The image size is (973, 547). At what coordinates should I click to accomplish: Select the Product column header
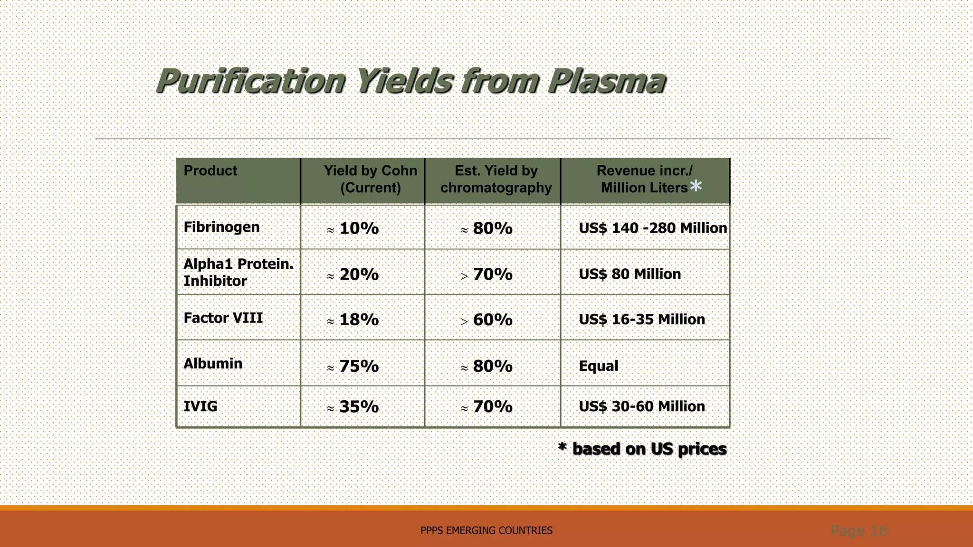[x=210, y=171]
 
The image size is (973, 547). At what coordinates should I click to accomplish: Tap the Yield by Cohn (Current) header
[x=370, y=179]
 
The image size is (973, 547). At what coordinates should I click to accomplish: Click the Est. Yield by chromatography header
[x=496, y=179]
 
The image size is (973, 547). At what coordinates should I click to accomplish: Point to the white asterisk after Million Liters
[x=696, y=186]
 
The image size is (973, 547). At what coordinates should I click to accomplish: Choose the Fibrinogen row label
[x=221, y=227]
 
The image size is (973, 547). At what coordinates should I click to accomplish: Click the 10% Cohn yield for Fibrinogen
[x=359, y=228]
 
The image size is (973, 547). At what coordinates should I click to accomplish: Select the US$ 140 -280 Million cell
[x=652, y=228]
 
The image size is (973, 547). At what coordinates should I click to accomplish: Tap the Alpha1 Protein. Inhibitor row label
[x=238, y=273]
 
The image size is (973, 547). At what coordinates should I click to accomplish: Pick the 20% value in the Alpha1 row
[x=359, y=274]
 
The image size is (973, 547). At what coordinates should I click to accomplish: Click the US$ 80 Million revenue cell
[x=630, y=274]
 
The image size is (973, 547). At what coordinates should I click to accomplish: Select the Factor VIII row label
[x=223, y=318]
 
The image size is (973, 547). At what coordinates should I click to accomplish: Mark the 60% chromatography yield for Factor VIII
[x=492, y=320]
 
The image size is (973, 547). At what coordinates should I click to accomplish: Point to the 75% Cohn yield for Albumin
[x=359, y=366]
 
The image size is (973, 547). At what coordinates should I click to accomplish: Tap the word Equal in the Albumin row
[x=599, y=366]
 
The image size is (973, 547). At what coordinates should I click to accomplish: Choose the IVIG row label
[x=200, y=406]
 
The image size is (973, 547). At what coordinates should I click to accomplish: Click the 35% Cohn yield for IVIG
[x=359, y=407]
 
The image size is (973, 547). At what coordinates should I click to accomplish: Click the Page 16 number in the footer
[x=859, y=530]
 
